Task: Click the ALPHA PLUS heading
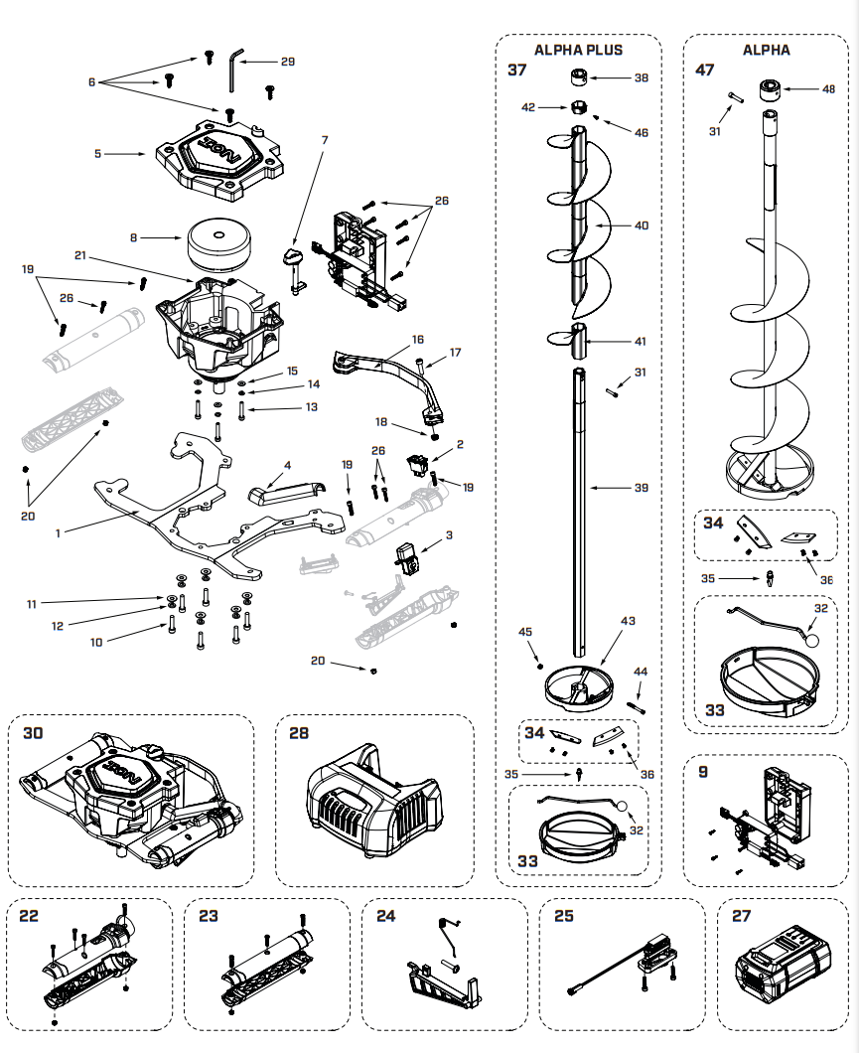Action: (x=578, y=50)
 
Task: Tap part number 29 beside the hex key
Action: (x=287, y=62)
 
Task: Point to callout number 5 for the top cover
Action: (x=97, y=154)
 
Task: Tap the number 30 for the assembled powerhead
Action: (x=33, y=732)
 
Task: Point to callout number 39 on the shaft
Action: (x=641, y=488)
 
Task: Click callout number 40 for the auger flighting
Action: (x=641, y=226)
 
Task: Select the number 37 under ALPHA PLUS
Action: (x=517, y=71)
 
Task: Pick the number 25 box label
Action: (x=563, y=916)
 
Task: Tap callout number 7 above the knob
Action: (x=324, y=140)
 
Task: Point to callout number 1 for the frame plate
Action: (x=59, y=532)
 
